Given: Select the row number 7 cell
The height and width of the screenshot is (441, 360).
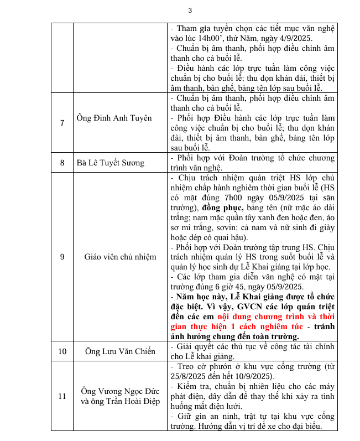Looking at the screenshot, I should (x=62, y=122).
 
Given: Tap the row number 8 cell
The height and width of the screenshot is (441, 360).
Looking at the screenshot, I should (x=62, y=163).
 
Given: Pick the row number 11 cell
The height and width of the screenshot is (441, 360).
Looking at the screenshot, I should (x=62, y=396).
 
